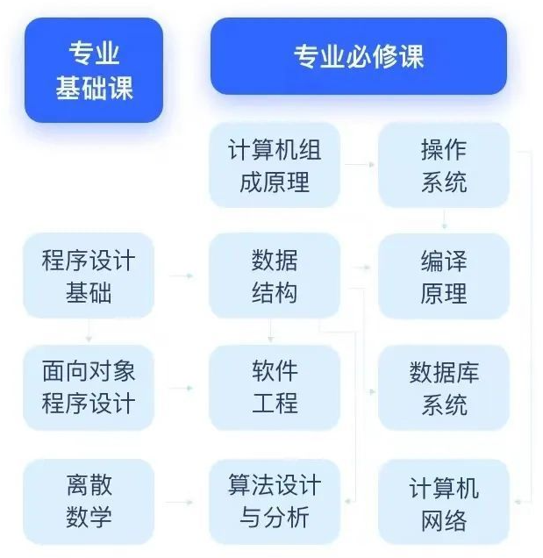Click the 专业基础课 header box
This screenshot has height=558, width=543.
[94, 70]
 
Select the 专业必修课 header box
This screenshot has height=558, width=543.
[358, 56]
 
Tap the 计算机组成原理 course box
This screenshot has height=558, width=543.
[275, 165]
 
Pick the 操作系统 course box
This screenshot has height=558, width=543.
[444, 165]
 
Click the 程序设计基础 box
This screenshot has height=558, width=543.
[89, 275]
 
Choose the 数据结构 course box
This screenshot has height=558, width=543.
[275, 275]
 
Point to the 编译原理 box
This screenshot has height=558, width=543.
[444, 275]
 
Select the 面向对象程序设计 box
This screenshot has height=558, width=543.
[89, 387]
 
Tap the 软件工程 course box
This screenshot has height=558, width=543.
[275, 387]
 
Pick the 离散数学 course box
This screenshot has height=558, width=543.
[89, 501]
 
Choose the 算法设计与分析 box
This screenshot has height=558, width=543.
[275, 501]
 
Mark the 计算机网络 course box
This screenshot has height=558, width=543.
[444, 501]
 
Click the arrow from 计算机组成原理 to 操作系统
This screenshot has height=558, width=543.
[359, 164]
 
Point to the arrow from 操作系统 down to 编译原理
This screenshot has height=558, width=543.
[445, 219]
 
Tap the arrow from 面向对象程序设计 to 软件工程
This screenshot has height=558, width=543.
[181, 387]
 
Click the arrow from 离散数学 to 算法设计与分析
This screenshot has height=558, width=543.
[181, 502]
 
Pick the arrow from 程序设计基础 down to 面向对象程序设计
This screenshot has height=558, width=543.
[89, 331]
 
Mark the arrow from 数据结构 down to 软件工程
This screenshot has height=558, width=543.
[271, 331]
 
